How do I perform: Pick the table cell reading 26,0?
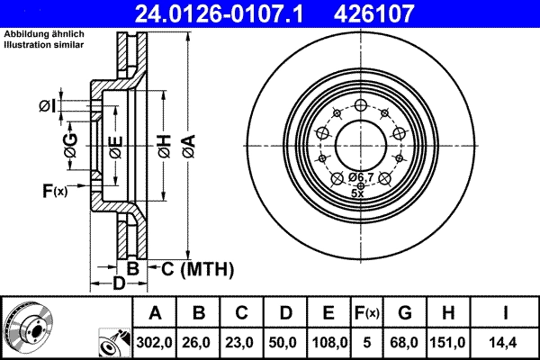[x=199, y=341]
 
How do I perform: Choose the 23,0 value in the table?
[x=242, y=341]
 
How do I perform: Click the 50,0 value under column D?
[x=285, y=341]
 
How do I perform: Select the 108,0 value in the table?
[x=328, y=341]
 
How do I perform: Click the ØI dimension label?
[x=47, y=107]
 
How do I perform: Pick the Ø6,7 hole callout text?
[x=361, y=177]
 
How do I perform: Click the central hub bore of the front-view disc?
[x=357, y=144]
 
